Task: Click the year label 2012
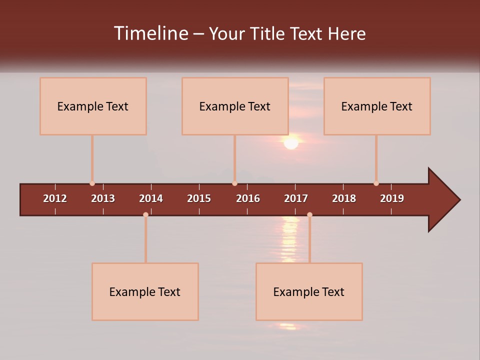click(55, 198)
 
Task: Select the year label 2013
click(103, 198)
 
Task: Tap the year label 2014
click(151, 198)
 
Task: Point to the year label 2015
click(199, 198)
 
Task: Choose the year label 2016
click(248, 198)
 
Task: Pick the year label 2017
click(296, 198)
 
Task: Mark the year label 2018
click(344, 198)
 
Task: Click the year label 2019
click(392, 198)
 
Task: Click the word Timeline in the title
click(150, 33)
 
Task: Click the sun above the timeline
click(291, 142)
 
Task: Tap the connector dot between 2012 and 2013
click(92, 183)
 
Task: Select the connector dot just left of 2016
click(234, 183)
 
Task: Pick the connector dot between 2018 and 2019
click(376, 183)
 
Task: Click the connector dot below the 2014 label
click(145, 214)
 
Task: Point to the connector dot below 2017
click(309, 214)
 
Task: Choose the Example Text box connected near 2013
click(93, 106)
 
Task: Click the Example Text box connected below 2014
click(145, 291)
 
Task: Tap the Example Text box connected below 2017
click(309, 291)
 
